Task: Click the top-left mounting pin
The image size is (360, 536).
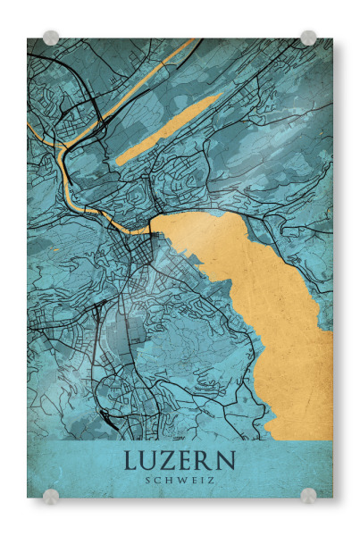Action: [x=51, y=38]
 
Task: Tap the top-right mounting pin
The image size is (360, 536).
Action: [x=308, y=38]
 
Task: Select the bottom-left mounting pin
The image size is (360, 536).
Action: [x=51, y=496]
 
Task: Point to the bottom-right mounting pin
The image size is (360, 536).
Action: [x=308, y=496]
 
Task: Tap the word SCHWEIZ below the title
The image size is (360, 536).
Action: [x=180, y=481]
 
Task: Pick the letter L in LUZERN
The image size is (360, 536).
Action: [x=131, y=462]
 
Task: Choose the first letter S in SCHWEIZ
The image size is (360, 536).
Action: [x=148, y=481]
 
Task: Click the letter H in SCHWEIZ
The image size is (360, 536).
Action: [x=168, y=481]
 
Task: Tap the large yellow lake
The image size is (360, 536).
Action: [x=268, y=304]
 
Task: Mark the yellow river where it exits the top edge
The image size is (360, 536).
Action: [x=188, y=41]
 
